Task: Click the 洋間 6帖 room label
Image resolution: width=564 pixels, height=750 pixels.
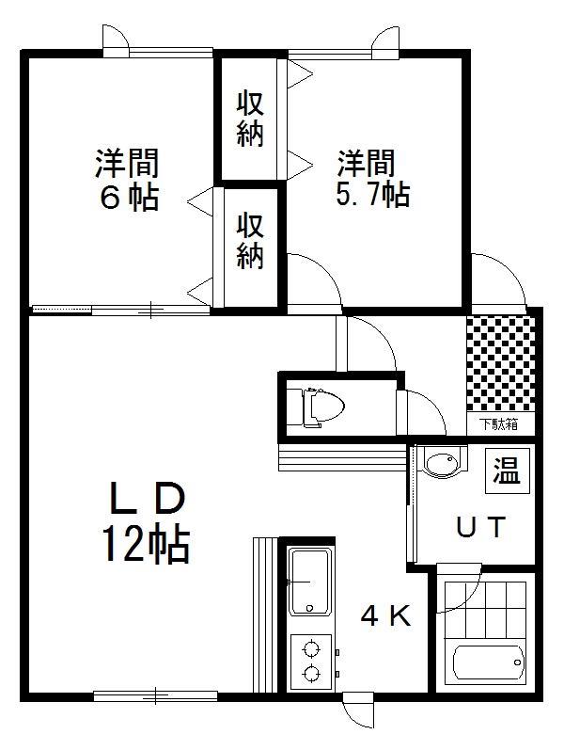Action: coord(125,180)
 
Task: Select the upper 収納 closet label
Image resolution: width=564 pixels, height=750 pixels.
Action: coord(249,118)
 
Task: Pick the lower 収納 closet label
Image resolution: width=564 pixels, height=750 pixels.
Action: coord(249,241)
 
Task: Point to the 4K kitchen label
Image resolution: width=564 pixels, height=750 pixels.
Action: coord(386,616)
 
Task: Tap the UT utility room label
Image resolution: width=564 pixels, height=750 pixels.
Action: coord(481,527)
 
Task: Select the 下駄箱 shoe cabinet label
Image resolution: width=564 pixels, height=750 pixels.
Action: coord(499,423)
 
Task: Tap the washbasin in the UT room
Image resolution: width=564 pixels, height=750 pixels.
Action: coord(439,463)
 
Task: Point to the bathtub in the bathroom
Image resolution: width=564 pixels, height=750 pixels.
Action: coord(486,664)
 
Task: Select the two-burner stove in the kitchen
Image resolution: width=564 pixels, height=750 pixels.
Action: coord(309,659)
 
